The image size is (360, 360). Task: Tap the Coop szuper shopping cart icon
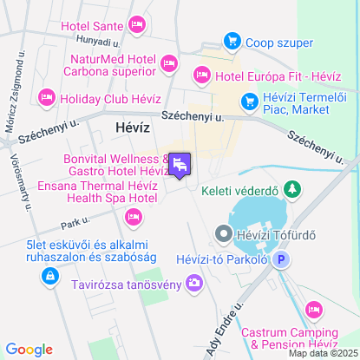click(231, 40)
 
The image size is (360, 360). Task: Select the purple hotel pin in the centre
click(180, 165)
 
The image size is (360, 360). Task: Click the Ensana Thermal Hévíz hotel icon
click(134, 216)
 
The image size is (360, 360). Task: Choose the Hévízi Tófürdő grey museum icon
click(223, 233)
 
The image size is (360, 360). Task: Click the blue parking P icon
click(280, 259)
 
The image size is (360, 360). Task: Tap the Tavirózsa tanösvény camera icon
click(193, 281)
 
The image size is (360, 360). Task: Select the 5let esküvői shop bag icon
click(49, 276)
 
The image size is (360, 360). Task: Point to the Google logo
click(29, 350)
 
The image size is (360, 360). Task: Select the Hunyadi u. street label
click(97, 41)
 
